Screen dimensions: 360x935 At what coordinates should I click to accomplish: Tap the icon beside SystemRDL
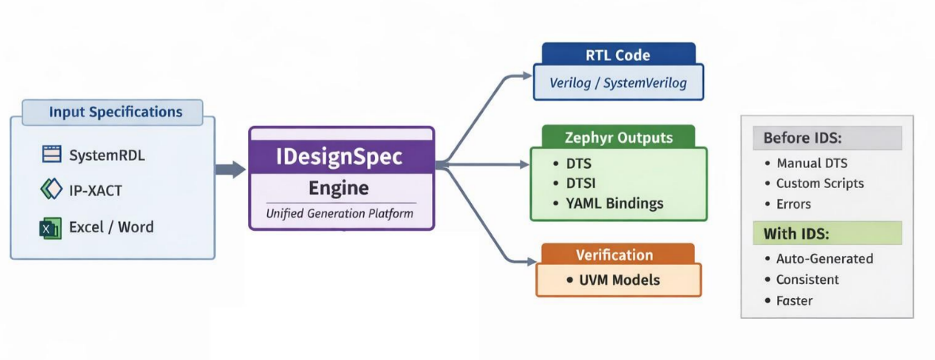51,155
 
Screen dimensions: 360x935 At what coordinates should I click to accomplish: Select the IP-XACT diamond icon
51,190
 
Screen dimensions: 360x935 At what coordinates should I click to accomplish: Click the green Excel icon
50,228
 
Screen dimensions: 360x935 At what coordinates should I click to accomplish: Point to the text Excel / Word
111,228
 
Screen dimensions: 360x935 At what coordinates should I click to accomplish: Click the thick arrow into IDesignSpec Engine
230,169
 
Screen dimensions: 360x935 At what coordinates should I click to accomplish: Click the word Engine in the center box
339,188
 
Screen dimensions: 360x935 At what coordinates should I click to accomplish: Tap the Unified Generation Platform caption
340,213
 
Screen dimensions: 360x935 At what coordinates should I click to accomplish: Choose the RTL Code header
618,56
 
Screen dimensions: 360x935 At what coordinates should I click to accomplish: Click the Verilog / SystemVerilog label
618,82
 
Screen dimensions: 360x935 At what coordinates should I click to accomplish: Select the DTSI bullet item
577,183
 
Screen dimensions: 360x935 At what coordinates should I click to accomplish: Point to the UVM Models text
619,280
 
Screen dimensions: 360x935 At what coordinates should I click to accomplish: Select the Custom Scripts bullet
820,183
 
